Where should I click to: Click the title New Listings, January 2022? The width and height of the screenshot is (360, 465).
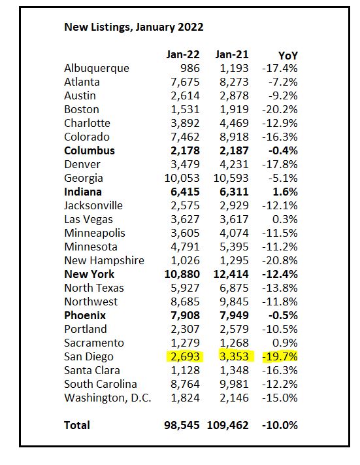[x=134, y=27]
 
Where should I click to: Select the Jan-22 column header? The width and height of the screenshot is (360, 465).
[x=183, y=54]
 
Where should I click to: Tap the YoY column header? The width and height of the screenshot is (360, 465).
[x=287, y=56]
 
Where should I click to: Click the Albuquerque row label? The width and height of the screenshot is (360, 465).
[x=97, y=69]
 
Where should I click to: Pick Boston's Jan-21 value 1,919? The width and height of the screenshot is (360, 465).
[x=234, y=109]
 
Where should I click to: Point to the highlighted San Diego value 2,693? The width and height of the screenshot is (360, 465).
[x=185, y=356]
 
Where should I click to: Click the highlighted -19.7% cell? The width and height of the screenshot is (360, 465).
[x=280, y=356]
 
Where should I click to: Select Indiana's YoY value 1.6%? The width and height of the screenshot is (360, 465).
[x=285, y=192]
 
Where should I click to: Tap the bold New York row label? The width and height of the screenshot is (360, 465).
[x=90, y=274]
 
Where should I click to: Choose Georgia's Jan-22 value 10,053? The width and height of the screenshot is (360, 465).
[x=182, y=179]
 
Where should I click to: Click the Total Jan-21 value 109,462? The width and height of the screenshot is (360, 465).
[x=227, y=425]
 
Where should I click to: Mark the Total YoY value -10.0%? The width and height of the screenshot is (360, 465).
[x=280, y=425]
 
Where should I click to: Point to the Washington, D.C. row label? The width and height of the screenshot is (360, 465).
[x=108, y=398]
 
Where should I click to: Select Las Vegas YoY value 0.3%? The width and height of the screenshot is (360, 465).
[x=285, y=220]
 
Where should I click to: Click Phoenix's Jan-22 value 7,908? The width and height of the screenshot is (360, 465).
[x=185, y=315]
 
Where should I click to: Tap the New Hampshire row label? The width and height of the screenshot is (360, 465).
[x=104, y=260]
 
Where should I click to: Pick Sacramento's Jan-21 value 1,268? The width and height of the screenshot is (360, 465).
[x=234, y=343]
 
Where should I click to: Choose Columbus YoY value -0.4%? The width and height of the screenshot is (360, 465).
[x=283, y=150]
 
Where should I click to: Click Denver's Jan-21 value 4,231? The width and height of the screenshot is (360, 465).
[x=234, y=164]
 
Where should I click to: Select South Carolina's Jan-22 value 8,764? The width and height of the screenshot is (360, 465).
[x=185, y=384]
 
